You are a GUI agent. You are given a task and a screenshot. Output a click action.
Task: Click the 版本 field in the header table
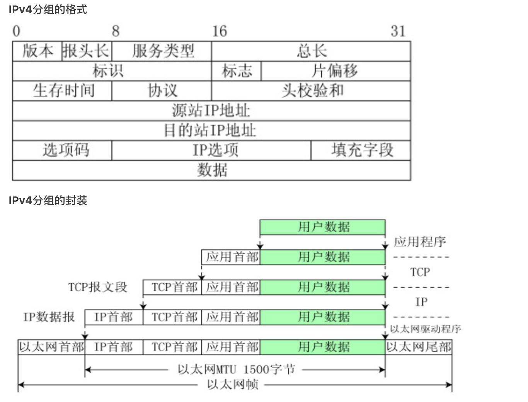(x=37, y=51)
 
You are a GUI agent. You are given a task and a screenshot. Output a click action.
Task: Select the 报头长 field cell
(x=86, y=51)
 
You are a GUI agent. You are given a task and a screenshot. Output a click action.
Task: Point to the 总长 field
(x=311, y=51)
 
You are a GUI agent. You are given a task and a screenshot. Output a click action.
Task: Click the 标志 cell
(x=237, y=71)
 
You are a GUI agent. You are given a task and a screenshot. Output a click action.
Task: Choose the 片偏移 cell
(x=335, y=71)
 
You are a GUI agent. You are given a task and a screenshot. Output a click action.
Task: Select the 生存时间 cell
(x=63, y=91)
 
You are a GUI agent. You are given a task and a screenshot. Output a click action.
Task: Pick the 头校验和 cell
(x=311, y=91)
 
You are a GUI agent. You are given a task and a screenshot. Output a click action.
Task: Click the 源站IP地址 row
(x=211, y=111)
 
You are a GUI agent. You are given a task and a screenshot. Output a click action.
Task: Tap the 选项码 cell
(x=63, y=150)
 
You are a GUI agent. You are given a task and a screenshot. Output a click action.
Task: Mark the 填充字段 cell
(x=361, y=150)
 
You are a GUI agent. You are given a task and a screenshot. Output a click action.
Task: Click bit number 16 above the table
(x=219, y=31)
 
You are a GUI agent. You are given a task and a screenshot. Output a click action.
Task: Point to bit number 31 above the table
(x=398, y=31)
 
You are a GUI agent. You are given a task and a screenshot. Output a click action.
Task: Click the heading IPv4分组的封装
(x=48, y=200)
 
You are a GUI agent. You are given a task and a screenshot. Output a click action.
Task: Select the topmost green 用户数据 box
(x=323, y=227)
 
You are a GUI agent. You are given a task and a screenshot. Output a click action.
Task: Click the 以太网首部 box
(x=51, y=347)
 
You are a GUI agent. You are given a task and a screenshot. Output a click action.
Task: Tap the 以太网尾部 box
(x=419, y=347)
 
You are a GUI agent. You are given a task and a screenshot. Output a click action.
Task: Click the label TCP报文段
(x=98, y=287)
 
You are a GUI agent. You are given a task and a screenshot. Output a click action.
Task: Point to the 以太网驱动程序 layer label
(x=425, y=329)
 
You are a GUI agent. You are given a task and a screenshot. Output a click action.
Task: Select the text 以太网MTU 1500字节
(x=236, y=370)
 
